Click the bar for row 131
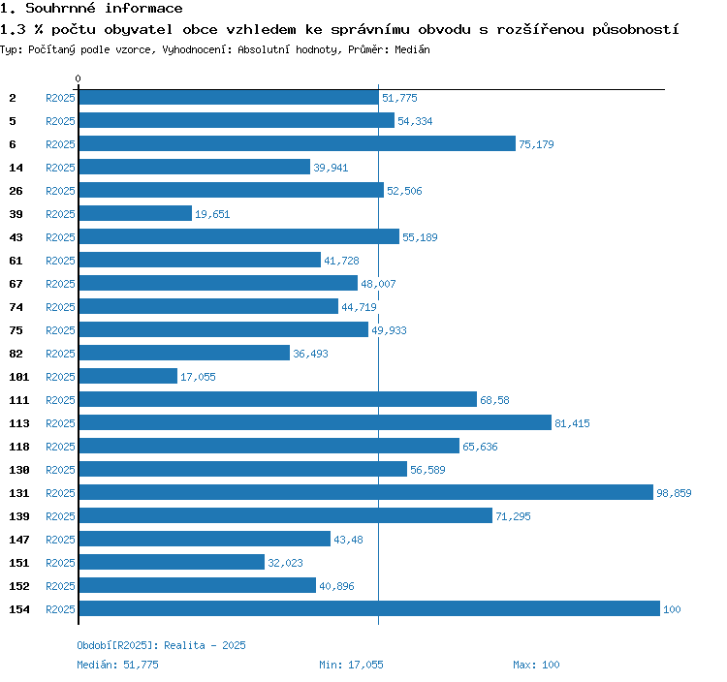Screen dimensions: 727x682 tap(365, 492)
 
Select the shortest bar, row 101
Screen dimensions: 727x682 tap(128, 376)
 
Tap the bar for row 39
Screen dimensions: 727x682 tap(136, 213)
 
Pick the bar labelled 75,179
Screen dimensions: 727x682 tap(298, 143)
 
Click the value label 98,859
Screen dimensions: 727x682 tap(674, 493)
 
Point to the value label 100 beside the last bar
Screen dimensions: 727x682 tap(672, 609)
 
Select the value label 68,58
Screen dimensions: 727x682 tap(494, 400)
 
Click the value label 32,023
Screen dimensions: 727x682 tap(285, 563)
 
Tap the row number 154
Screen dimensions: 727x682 tap(19, 609)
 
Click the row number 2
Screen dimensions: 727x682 tap(13, 98)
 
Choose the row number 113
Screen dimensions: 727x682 tap(19, 423)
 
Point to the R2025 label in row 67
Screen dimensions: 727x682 tap(60, 284)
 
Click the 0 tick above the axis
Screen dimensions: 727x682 tap(78, 78)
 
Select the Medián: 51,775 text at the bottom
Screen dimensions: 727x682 tap(117, 665)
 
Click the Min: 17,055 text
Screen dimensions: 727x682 tap(351, 665)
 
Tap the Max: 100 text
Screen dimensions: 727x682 tap(536, 665)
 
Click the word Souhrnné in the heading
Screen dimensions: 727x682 tap(60, 8)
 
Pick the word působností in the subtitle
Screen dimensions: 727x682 tap(635, 29)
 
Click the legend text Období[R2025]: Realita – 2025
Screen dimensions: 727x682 tap(161, 645)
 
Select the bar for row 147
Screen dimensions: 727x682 tap(205, 539)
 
